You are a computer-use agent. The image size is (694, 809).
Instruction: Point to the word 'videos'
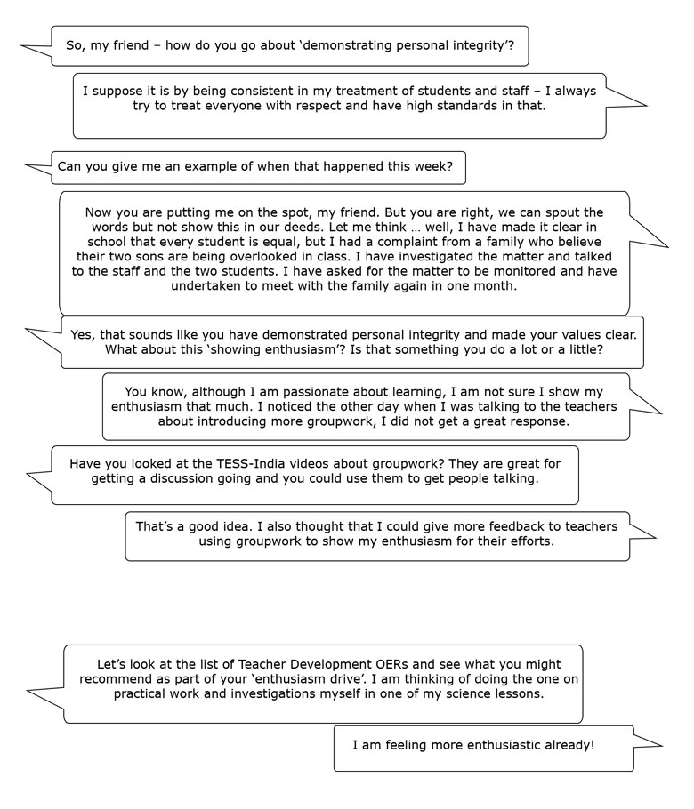(x=312, y=463)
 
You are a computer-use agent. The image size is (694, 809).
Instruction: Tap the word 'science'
(x=459, y=694)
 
